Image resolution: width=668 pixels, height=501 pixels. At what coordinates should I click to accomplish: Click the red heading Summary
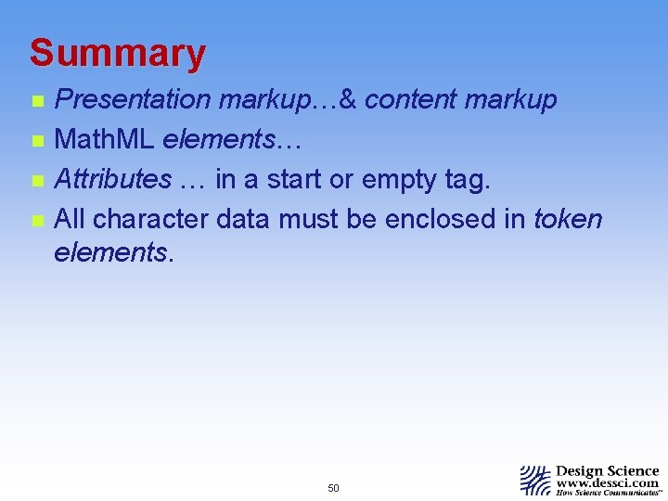[x=117, y=54]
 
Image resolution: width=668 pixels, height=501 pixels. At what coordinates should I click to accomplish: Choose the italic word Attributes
[x=112, y=179]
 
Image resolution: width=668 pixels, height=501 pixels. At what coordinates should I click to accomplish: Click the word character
[x=150, y=219]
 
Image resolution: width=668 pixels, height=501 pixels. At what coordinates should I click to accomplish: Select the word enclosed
[x=443, y=219]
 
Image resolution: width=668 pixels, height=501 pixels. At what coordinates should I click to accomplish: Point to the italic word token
[x=568, y=219]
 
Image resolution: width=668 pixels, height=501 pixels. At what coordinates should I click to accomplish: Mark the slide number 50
[x=334, y=488]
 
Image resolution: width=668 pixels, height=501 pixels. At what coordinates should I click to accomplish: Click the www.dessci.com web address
[x=608, y=483]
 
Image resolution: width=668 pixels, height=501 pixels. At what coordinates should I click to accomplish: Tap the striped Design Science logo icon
[x=535, y=481]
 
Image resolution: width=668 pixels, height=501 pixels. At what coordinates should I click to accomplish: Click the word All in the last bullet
[x=71, y=219]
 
